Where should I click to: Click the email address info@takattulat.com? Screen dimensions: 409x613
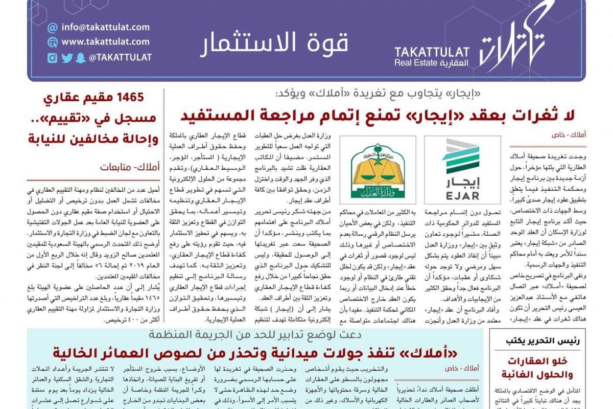[x=105, y=27]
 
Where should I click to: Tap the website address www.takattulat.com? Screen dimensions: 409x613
[x=105, y=42]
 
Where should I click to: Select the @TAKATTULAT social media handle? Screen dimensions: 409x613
[x=120, y=58]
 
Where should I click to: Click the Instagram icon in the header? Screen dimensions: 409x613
[x=52, y=58]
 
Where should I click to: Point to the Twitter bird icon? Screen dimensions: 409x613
[x=67, y=58]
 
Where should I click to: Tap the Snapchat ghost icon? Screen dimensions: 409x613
[x=81, y=58]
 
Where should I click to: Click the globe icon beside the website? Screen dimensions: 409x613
[x=52, y=42]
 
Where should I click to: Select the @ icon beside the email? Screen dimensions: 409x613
[x=52, y=27]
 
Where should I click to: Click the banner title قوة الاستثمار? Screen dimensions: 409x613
[x=274, y=44]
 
